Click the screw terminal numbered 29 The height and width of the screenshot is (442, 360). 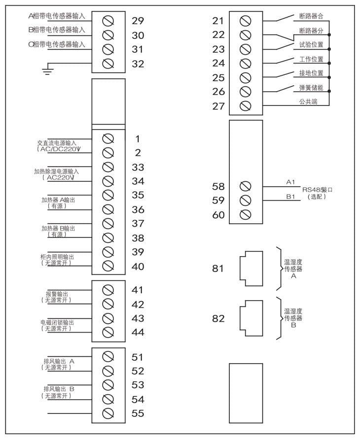point(108,21)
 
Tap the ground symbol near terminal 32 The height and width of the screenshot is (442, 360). point(47,69)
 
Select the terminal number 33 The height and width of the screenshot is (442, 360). point(138,168)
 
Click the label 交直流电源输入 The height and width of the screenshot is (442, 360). point(57,143)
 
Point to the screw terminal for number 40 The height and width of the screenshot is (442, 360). point(108,266)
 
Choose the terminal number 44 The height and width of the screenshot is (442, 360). point(138,332)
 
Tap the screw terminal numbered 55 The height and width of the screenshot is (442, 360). point(108,413)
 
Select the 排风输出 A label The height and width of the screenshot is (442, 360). point(59,361)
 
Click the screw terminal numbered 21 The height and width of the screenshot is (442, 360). point(245,21)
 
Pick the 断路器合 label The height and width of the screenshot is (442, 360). point(311,16)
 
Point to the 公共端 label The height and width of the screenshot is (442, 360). point(308,102)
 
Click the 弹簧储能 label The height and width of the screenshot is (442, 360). point(311,88)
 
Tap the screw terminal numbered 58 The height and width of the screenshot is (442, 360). point(245,186)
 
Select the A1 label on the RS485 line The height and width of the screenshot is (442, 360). point(290,182)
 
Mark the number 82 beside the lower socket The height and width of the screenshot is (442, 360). point(218,318)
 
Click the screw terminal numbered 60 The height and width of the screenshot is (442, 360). point(245,215)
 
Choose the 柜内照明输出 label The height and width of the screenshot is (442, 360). point(57,257)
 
